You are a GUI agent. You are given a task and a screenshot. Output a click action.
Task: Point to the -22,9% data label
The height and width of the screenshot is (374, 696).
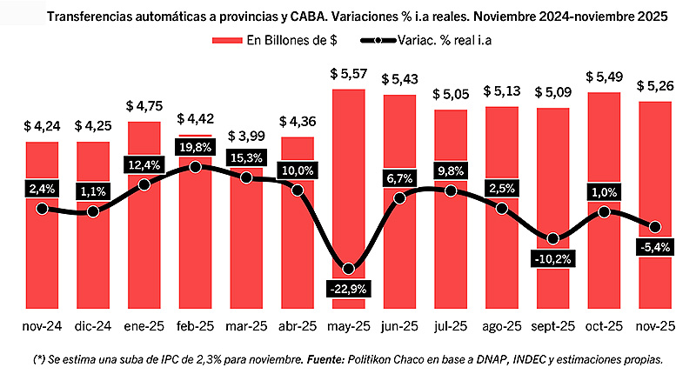(x=349, y=288)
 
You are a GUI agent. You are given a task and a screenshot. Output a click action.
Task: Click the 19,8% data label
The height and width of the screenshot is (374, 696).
(x=195, y=145)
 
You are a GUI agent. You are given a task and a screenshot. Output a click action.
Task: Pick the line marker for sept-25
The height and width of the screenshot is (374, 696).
(x=553, y=238)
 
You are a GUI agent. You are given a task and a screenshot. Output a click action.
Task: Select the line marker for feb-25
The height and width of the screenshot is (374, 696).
(x=195, y=166)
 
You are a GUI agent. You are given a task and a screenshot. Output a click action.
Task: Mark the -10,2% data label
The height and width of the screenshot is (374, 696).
(x=553, y=258)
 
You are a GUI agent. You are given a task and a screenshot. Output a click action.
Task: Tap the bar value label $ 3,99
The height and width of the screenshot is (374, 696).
(x=246, y=137)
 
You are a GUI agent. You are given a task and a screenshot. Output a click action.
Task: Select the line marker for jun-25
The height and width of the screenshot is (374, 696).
(x=400, y=198)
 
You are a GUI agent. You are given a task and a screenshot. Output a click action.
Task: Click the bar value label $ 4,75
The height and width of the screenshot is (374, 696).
(x=144, y=107)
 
